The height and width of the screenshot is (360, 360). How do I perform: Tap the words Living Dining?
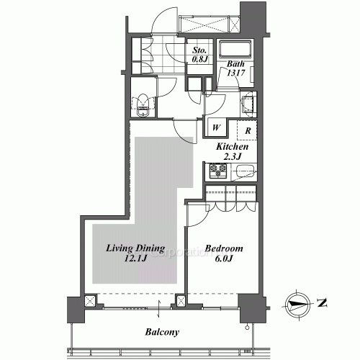pos(135,248)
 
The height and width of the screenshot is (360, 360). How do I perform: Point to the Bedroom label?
pos(224,248)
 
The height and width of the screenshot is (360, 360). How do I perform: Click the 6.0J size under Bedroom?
pos(225,260)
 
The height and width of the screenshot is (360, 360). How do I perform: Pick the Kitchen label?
pos(233,147)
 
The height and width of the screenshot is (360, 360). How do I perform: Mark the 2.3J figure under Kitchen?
pos(233,157)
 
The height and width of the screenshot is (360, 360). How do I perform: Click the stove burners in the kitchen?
pos(218,173)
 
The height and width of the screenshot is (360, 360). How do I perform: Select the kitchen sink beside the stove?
pos(244,173)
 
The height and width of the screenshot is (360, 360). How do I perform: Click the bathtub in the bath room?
pos(233,52)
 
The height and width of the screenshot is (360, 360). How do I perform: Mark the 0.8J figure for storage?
pos(199,60)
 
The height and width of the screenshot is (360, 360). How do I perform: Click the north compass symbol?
pos(297,302)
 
